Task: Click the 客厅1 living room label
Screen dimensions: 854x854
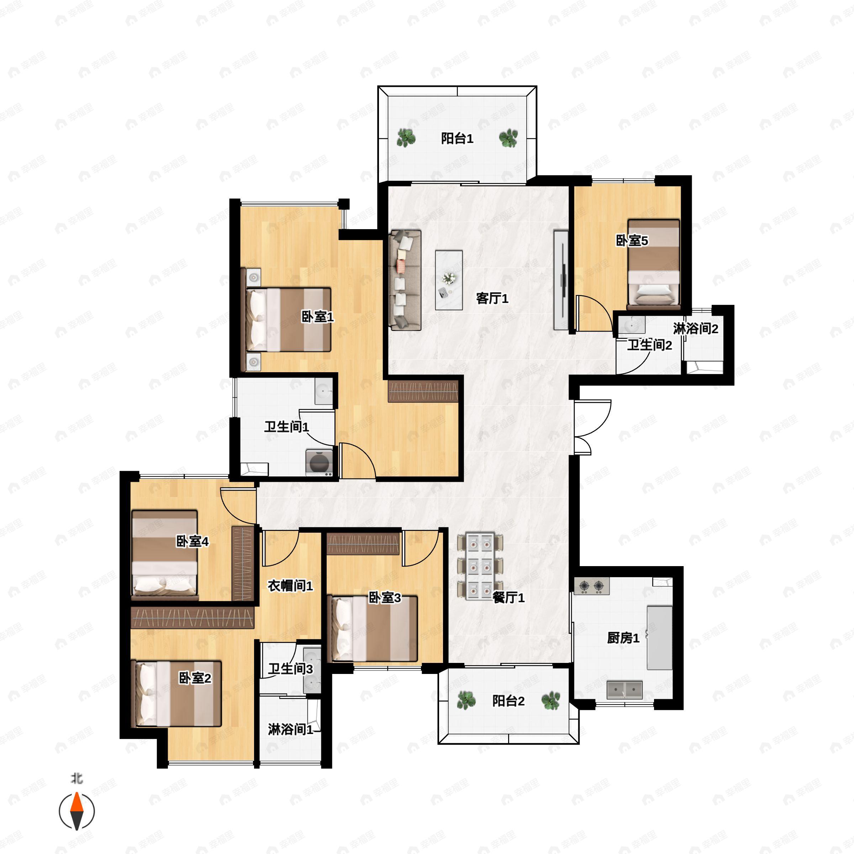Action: point(492,299)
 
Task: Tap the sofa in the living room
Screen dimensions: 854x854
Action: point(405,280)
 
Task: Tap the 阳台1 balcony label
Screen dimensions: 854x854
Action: point(457,139)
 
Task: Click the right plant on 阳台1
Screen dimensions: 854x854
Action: point(508,138)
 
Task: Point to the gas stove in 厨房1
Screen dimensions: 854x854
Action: point(591,586)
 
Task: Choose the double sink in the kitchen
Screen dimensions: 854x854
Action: point(624,690)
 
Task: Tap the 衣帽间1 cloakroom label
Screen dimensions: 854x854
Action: point(290,586)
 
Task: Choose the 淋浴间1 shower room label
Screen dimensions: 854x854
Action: point(290,729)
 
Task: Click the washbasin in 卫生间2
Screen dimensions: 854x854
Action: point(631,326)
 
